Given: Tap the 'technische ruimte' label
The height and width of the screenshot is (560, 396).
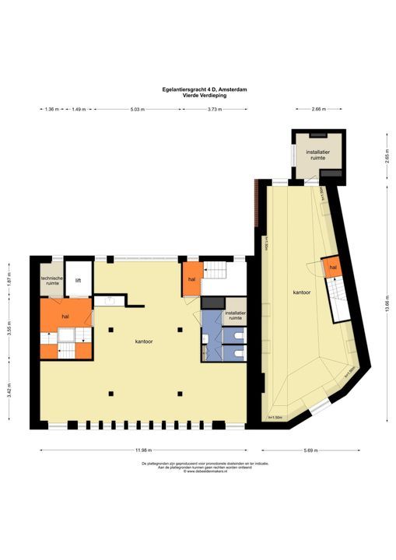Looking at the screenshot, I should tap(52, 282).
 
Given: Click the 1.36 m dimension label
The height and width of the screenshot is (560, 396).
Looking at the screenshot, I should tap(52, 110).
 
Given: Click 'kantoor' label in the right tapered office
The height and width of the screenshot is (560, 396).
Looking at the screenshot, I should tap(303, 293).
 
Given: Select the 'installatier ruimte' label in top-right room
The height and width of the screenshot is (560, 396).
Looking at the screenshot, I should tap(316, 153).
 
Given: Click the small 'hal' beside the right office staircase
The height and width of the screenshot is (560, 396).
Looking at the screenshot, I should tap(332, 268).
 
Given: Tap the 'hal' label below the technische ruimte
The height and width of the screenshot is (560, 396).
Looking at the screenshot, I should tap(65, 317).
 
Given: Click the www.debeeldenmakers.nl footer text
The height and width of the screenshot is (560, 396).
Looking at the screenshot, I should tap(198, 471).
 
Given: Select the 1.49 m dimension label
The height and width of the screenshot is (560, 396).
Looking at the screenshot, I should tap(79, 110).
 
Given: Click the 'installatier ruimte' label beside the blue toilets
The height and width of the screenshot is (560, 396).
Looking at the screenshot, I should tap(235, 315).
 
